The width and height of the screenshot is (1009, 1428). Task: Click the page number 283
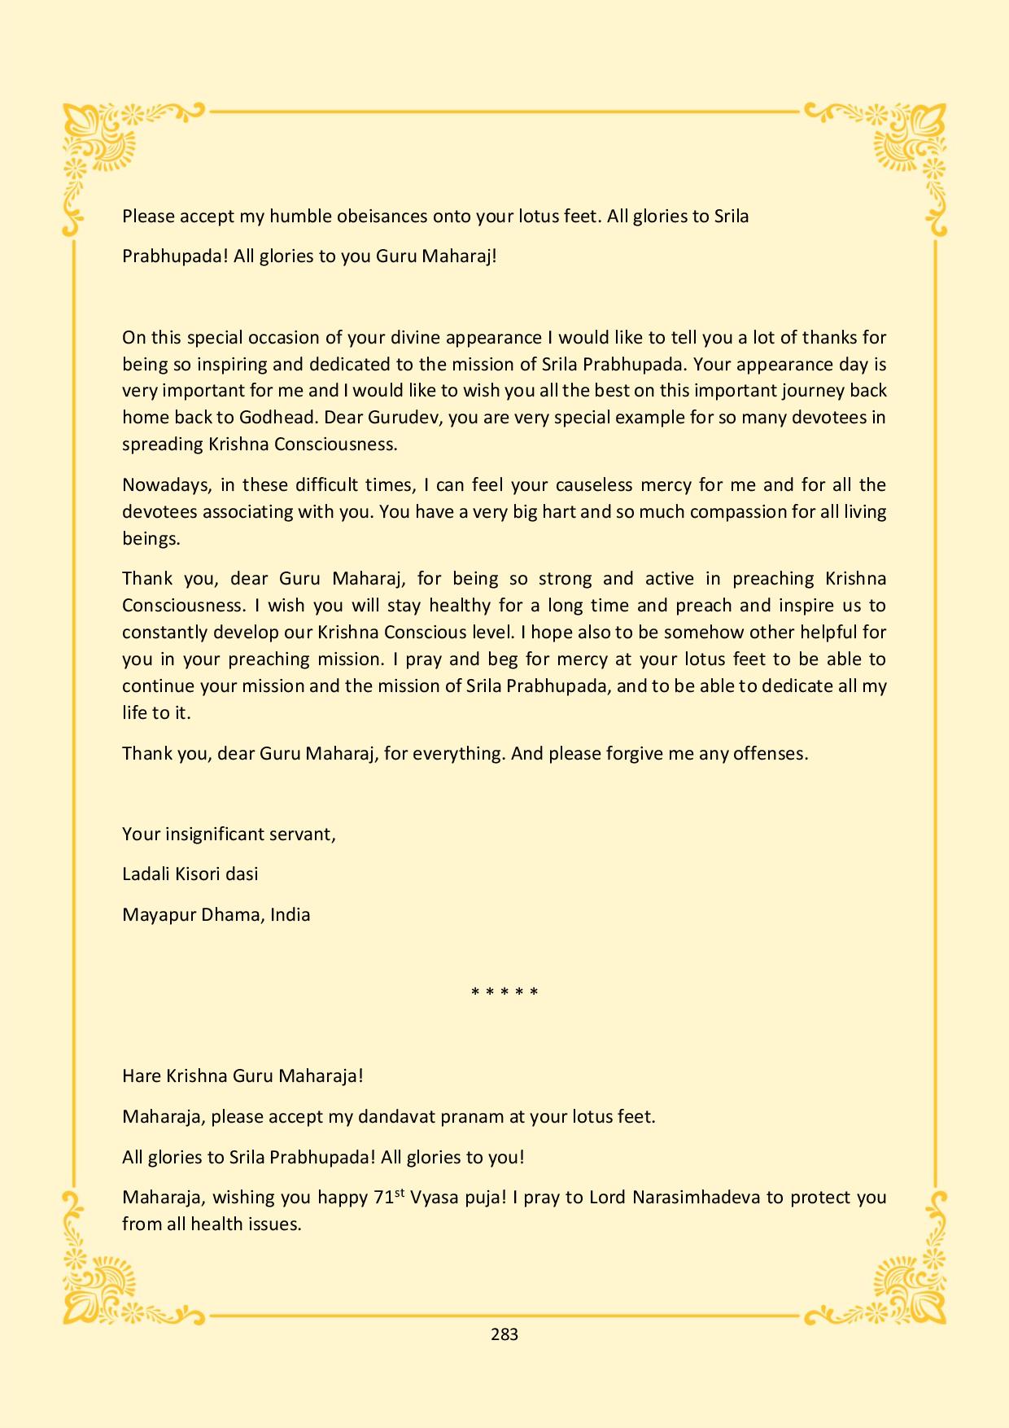(504, 1334)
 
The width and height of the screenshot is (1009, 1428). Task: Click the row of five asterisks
(504, 992)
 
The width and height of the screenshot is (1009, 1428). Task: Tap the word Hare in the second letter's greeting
(142, 1075)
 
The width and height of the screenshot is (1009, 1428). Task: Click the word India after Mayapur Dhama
(290, 914)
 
